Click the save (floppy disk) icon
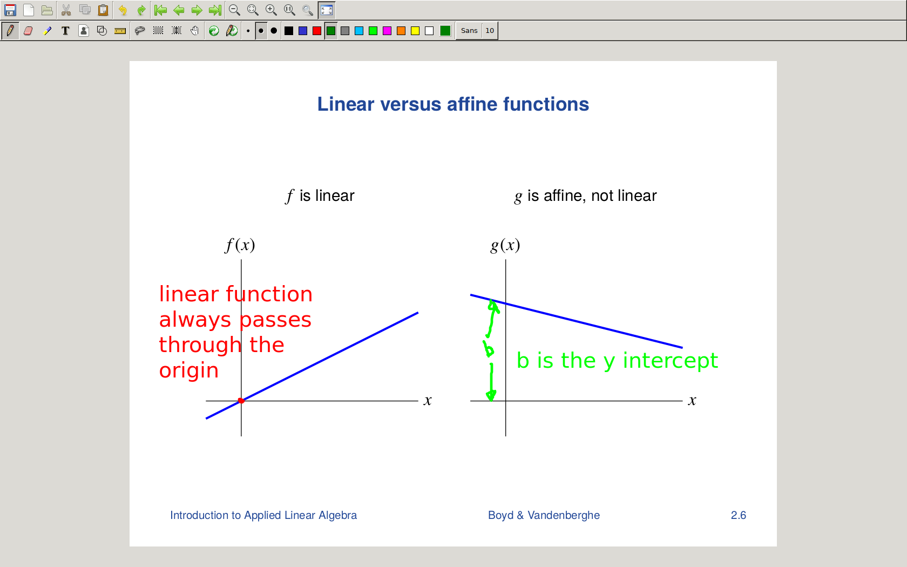point(10,10)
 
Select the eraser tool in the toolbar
point(28,31)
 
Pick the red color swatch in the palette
point(316,31)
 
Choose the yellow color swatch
point(415,31)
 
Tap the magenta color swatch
point(387,31)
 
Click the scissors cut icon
point(66,10)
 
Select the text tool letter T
point(65,31)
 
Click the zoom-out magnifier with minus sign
point(234,10)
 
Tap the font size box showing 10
point(490,31)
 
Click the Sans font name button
point(469,31)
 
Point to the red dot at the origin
point(241,401)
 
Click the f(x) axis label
point(240,245)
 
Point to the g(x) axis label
point(505,245)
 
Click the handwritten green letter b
point(489,349)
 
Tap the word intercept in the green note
point(671,361)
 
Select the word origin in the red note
point(189,370)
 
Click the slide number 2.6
point(738,515)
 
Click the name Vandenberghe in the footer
point(564,515)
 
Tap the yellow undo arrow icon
point(123,10)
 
